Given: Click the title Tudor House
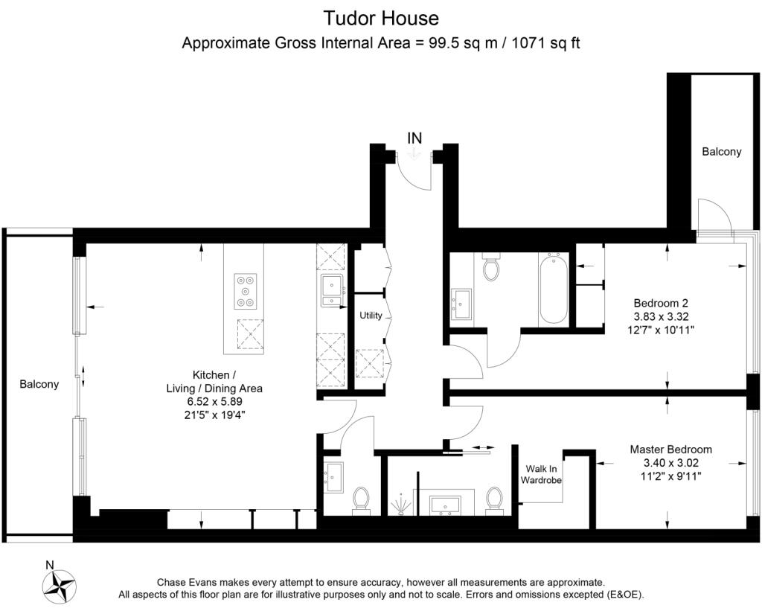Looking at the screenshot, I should pos(381,17).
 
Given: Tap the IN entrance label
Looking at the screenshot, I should pos(414,138).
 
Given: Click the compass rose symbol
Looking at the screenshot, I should pos(60,586).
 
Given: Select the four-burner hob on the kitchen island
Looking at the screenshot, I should pos(246,291).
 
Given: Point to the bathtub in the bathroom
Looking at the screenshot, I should pos(553,290).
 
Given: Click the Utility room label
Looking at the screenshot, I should pos(371,316).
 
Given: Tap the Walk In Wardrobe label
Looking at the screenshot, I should pos(540,475).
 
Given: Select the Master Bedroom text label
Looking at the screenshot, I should pos(670,450).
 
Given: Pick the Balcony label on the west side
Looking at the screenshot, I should pos(39,384).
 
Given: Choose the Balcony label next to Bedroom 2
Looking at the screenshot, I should pos(721,152).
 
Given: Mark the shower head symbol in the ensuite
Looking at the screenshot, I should pos(402,504).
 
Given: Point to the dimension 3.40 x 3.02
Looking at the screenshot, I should pos(670,462).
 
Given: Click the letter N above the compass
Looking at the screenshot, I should pos(49,565).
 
